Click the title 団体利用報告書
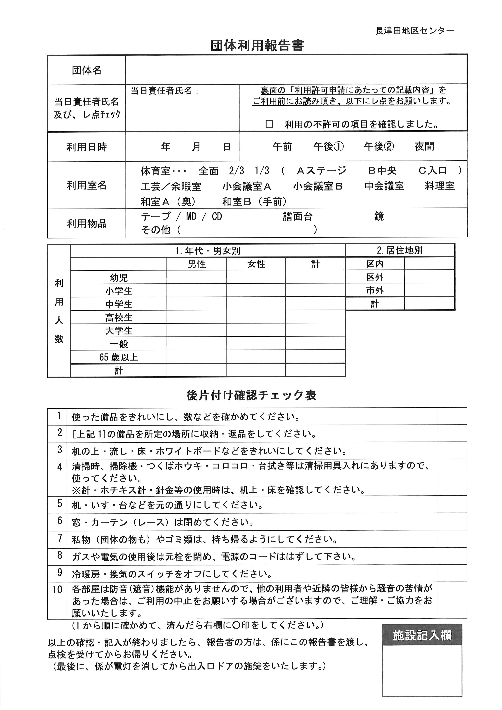click(257, 46)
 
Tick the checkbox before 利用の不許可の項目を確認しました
click(270, 124)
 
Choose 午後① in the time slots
click(328, 146)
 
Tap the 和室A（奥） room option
click(168, 202)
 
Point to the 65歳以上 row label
click(119, 357)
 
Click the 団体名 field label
click(87, 70)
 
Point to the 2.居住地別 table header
click(400, 250)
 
